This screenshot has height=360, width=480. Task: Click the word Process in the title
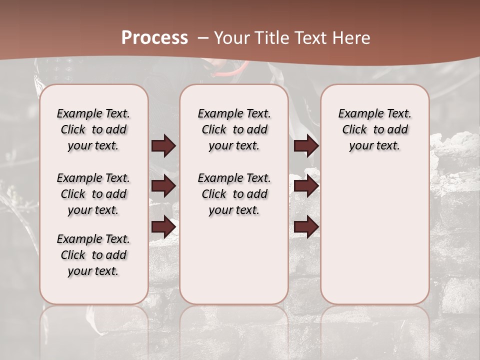click(154, 38)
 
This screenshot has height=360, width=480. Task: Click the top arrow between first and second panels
click(163, 146)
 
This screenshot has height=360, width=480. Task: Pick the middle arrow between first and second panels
click(163, 186)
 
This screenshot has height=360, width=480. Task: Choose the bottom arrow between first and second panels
click(163, 227)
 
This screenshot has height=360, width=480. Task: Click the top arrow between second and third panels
click(306, 146)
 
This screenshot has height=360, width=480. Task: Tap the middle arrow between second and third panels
click(306, 186)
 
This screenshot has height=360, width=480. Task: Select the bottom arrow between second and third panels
click(306, 227)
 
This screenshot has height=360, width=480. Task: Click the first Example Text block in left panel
click(93, 129)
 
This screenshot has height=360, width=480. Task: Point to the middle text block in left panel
click(93, 194)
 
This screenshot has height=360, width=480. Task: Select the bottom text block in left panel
click(93, 255)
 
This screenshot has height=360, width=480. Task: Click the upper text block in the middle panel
click(234, 129)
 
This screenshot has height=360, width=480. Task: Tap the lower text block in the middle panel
click(234, 194)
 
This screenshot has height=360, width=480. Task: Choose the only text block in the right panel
click(374, 129)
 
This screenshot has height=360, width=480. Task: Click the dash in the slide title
click(203, 38)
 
